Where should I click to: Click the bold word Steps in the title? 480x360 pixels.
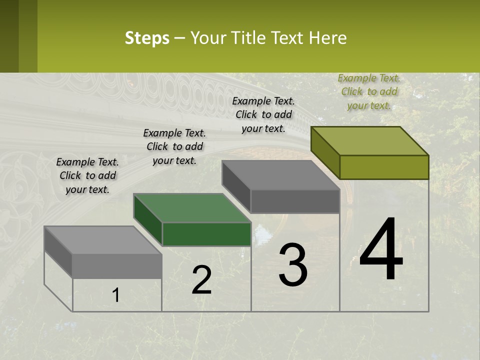147,38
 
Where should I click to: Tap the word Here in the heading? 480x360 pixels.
327,38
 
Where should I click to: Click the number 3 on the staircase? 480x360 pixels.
293,265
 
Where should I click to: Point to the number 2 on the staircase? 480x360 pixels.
201,280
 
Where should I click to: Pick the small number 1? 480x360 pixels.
116,295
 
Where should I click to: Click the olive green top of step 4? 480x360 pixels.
370,140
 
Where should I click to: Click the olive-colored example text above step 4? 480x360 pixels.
369,91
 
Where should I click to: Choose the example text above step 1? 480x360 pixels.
87,175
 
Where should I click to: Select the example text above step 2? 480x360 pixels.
174,146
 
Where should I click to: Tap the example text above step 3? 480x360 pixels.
263,114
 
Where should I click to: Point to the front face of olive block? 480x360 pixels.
384,167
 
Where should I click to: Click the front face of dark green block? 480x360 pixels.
206,234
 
